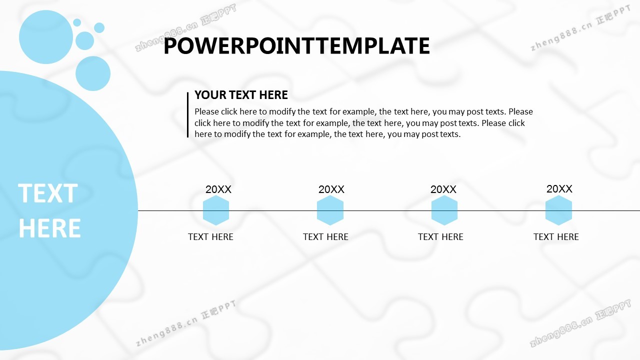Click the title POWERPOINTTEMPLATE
(296, 45)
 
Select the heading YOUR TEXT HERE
(241, 95)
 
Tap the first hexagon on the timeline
(216, 210)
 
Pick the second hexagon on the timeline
(330, 210)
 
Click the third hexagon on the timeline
(444, 210)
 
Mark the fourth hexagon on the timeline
(558, 210)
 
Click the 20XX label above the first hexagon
(218, 189)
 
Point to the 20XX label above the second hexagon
(331, 189)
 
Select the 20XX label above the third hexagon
(443, 189)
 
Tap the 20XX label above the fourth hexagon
(559, 188)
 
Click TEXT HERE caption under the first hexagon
(210, 237)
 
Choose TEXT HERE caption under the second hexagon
(325, 237)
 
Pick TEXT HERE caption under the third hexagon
(440, 237)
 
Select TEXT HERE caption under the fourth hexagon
(556, 237)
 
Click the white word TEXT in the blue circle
(48, 193)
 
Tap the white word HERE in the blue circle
(49, 228)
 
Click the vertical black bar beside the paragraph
(187, 115)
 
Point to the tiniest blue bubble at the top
(77, 22)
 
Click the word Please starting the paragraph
(207, 111)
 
